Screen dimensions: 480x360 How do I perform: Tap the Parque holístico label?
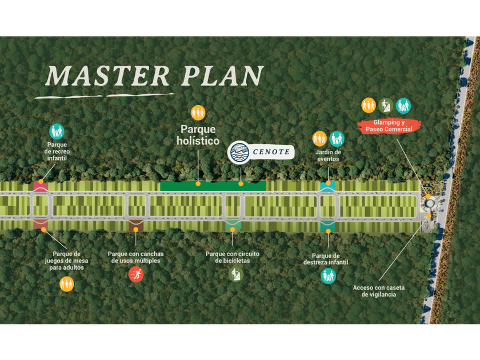(x=198, y=134)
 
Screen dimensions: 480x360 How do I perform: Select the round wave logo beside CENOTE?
(x=238, y=153)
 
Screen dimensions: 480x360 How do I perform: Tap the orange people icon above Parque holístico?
(x=198, y=113)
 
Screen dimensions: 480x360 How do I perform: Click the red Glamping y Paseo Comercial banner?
(x=389, y=126)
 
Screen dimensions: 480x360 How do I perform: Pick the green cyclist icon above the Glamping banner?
(x=386, y=105)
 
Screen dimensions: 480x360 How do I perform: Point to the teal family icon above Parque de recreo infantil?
(x=57, y=131)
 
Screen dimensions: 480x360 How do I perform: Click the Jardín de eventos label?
(x=328, y=155)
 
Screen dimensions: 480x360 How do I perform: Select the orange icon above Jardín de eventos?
(x=319, y=138)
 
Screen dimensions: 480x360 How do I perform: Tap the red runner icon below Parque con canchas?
(x=135, y=275)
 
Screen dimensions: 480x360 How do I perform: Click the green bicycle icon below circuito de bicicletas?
(x=235, y=274)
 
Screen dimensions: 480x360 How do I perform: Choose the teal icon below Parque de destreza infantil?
(x=328, y=276)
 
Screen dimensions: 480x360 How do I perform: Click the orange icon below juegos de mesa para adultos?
(x=67, y=283)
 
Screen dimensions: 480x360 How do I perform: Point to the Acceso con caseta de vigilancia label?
(x=374, y=291)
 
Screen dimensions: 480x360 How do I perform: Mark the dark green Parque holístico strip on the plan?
(x=213, y=186)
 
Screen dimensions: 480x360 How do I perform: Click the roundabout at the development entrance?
(x=430, y=203)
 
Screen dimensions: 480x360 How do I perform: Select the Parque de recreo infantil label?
(x=57, y=151)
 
